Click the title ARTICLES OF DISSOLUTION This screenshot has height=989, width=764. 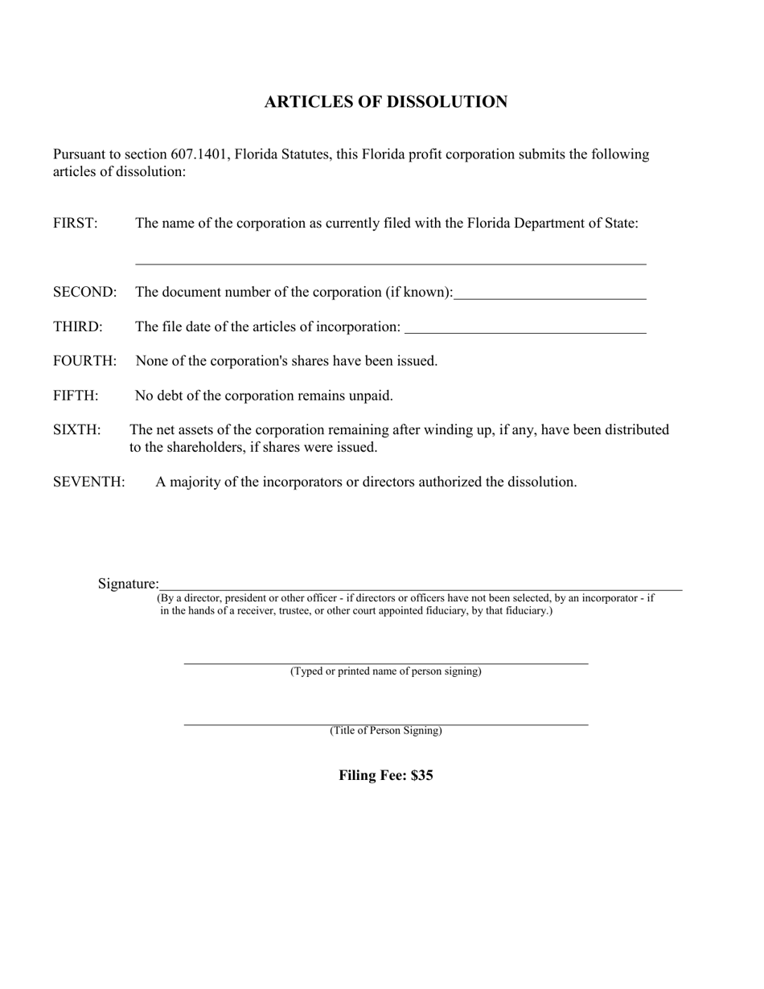point(386,102)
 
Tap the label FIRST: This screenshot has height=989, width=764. point(76,224)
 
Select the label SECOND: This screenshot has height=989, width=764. point(84,292)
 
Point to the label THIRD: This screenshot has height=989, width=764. point(78,326)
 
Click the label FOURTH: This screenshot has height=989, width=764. point(84,361)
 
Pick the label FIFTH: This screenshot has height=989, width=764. point(76,396)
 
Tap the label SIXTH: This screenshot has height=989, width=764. point(77,430)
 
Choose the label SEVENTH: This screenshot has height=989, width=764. point(88,482)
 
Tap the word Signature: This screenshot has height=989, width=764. point(129,584)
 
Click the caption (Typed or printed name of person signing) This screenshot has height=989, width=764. point(386,671)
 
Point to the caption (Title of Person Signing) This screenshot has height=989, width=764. point(386,731)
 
